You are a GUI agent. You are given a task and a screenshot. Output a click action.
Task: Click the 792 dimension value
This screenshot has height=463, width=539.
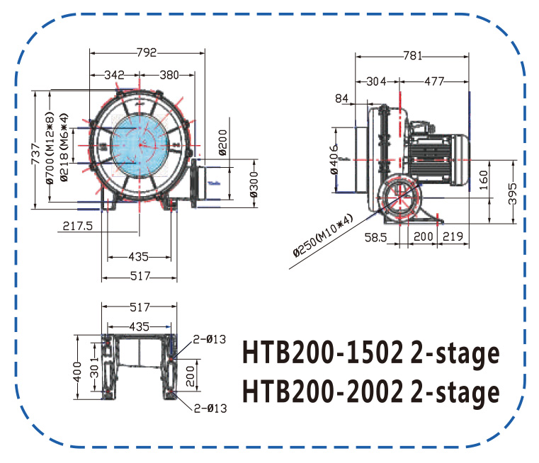(x=147, y=52)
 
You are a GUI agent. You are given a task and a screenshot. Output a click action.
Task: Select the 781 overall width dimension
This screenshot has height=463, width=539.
(x=412, y=56)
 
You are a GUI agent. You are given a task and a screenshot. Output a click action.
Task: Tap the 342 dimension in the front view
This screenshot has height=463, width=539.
(x=114, y=75)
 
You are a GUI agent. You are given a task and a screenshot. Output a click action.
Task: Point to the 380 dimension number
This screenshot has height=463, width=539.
(x=169, y=75)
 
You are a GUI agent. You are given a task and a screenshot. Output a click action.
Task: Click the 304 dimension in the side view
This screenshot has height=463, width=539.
(x=376, y=81)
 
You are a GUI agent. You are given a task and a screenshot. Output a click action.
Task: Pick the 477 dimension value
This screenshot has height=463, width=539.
(x=434, y=81)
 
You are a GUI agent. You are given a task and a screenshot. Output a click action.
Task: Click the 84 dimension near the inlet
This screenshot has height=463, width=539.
(x=341, y=98)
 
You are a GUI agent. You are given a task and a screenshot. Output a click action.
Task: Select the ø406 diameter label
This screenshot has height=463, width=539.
(x=334, y=159)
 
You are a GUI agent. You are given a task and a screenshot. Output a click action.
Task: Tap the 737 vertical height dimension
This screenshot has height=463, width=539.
(x=35, y=154)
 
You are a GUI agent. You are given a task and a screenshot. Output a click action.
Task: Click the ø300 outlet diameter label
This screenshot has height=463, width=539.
(x=254, y=185)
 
